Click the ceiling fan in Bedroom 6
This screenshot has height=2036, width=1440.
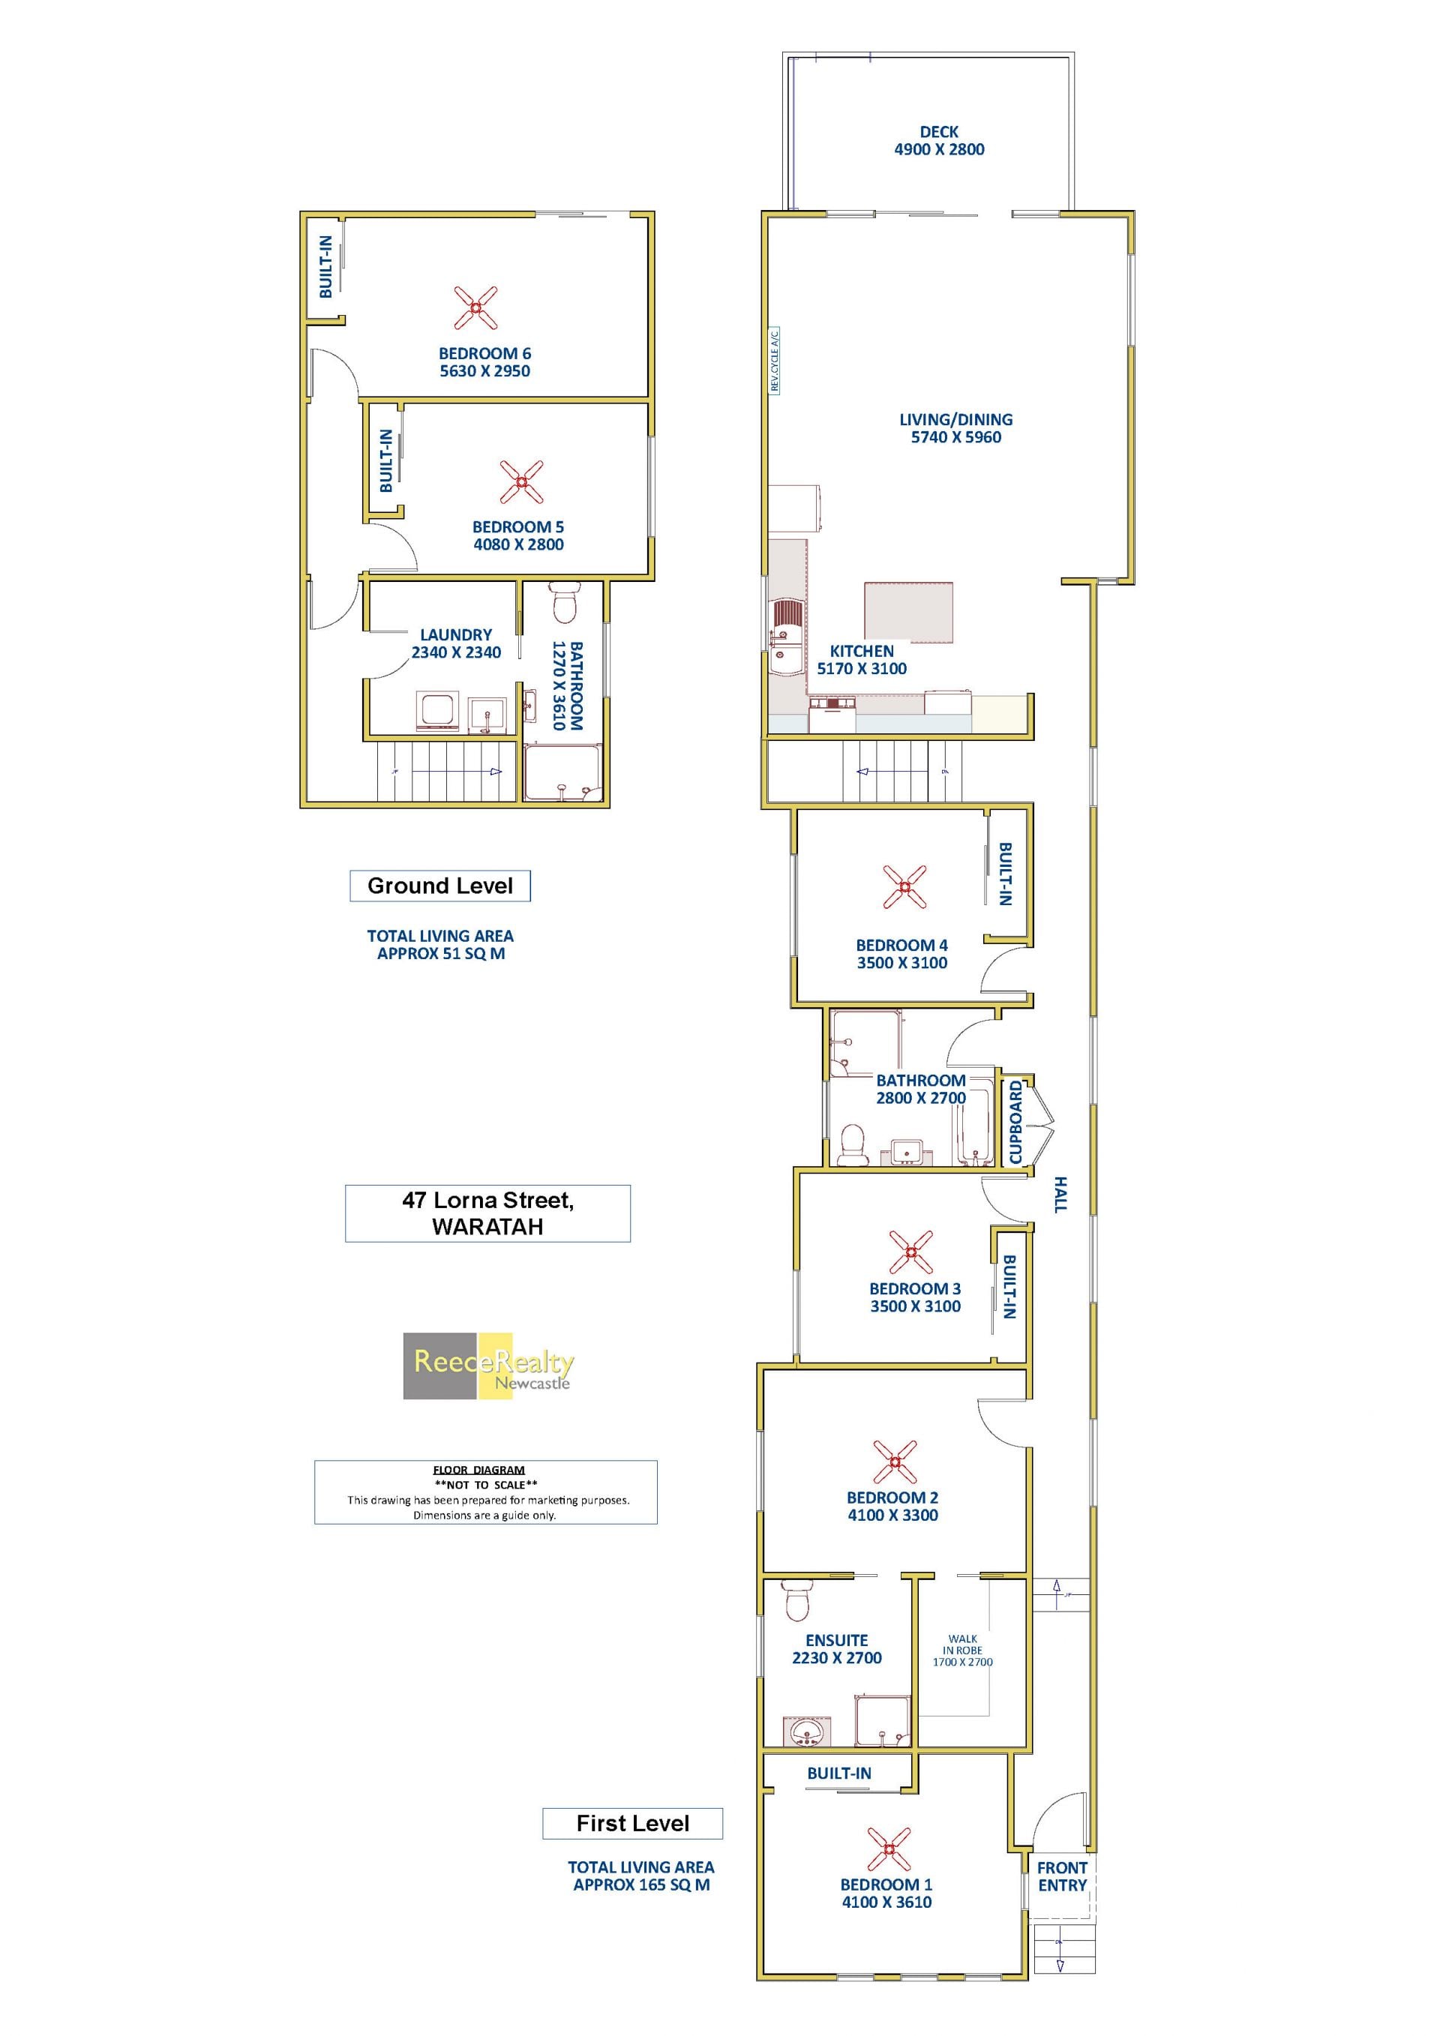475,307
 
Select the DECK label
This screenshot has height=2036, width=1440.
938,131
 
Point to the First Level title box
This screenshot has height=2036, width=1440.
632,1823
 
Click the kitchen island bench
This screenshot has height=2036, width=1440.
908,611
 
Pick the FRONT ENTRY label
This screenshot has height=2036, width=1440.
1061,1876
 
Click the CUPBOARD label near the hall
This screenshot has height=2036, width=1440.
1016,1122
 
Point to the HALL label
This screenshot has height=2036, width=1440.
1060,1195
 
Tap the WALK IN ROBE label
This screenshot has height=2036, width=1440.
962,1649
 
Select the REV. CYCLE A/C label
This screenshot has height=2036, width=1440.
774,361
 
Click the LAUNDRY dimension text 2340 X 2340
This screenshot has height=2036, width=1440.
456,652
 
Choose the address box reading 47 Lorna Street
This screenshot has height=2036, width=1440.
487,1213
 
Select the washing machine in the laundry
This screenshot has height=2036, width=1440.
437,710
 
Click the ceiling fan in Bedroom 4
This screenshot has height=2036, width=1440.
904,886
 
